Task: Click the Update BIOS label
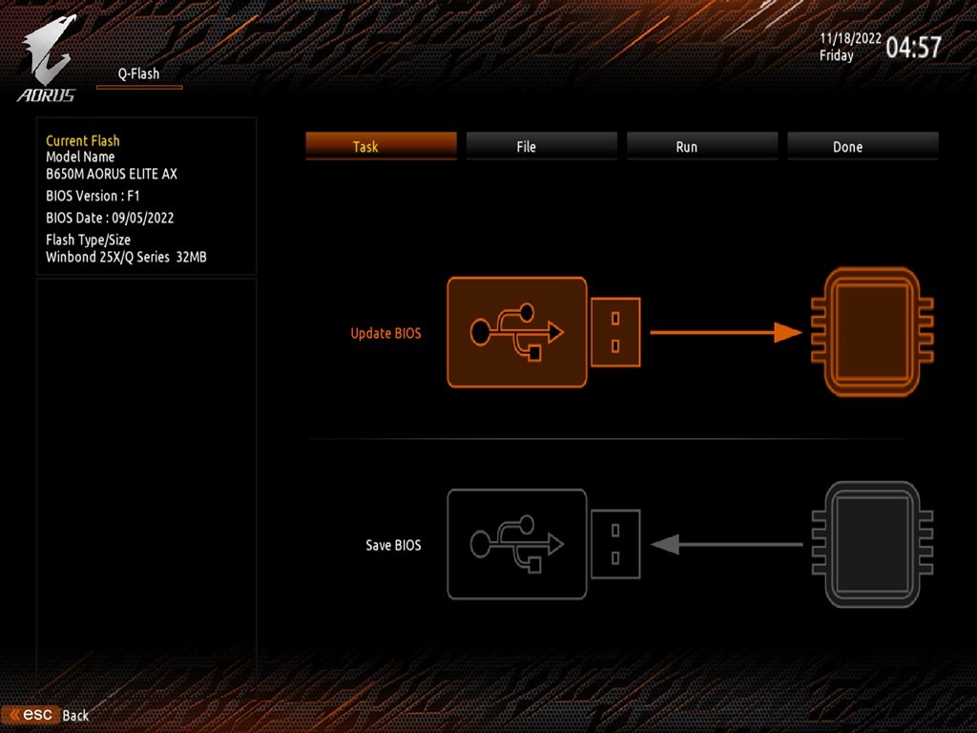[385, 333]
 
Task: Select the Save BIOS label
[393, 545]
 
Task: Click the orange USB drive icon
[543, 332]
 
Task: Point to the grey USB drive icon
[543, 544]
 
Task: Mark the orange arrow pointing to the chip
[726, 332]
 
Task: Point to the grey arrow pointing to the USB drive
[726, 544]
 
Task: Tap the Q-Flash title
[138, 73]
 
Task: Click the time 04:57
[913, 47]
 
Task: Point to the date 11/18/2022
[849, 38]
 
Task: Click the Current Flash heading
[83, 140]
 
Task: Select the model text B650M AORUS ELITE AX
[112, 174]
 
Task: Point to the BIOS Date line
[110, 218]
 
